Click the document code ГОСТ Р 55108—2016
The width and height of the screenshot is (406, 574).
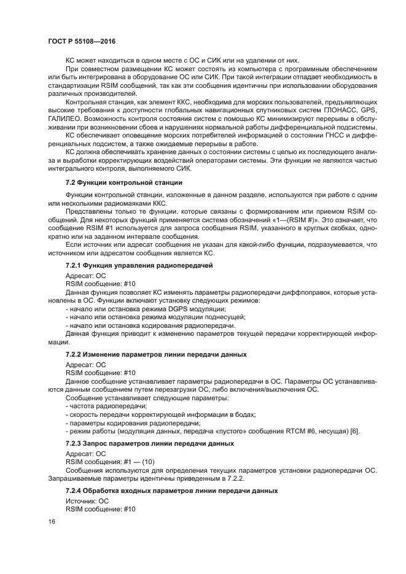pyautogui.click(x=81, y=41)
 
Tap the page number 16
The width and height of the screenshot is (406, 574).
pyautogui.click(x=52, y=522)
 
